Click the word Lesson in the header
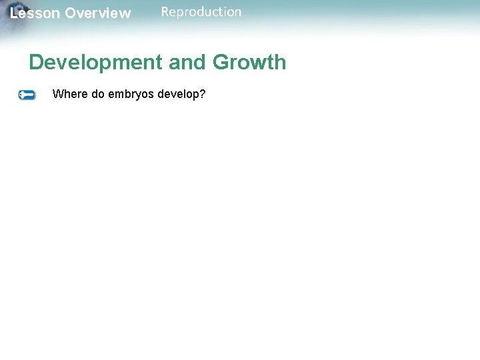[x=35, y=13]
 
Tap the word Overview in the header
[x=98, y=13]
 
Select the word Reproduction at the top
[x=201, y=12]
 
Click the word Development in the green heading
[x=95, y=63]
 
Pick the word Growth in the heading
[x=249, y=63]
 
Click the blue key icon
[x=27, y=95]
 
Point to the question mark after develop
[x=202, y=94]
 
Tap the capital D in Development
[x=36, y=63]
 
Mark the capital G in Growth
[x=221, y=63]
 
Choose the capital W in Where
[x=57, y=94]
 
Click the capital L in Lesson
[x=14, y=13]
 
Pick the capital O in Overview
[x=70, y=13]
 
